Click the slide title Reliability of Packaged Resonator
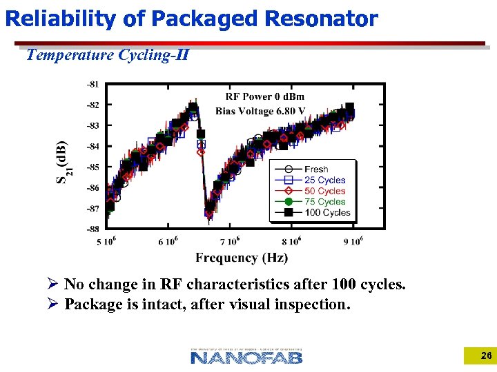[x=191, y=19]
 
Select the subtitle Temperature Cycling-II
[x=107, y=54]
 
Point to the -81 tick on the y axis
[x=92, y=84]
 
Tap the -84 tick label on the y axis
[x=92, y=146]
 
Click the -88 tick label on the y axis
[x=92, y=229]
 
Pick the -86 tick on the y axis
[x=92, y=187]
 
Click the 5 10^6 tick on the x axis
[x=108, y=241]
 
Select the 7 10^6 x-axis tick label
[x=230, y=241]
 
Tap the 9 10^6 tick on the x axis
[x=352, y=241]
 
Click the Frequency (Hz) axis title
[x=242, y=258]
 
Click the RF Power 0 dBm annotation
[x=264, y=96]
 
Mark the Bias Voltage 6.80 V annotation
[x=260, y=111]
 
